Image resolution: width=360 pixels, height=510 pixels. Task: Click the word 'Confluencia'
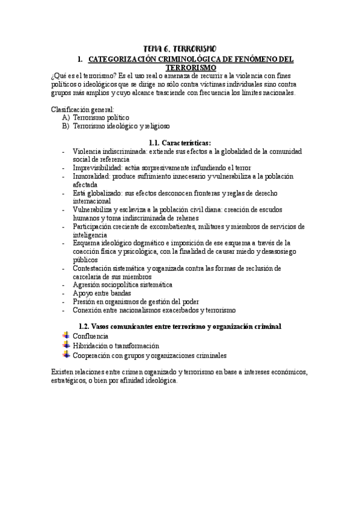click(x=90, y=336)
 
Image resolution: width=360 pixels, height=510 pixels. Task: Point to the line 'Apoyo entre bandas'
click(x=100, y=293)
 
